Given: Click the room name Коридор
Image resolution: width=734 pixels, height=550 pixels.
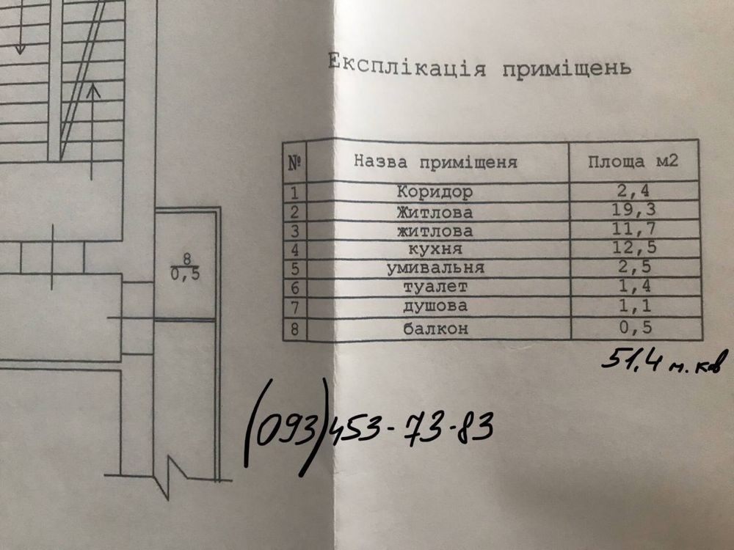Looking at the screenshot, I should [435, 192].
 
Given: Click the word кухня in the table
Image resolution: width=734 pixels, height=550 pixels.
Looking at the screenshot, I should [435, 249].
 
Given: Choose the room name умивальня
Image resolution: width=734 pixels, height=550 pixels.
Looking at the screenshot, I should [435, 268].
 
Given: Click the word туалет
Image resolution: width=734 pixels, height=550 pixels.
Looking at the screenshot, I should [435, 287].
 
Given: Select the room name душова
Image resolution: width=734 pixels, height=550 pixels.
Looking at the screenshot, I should [435, 305].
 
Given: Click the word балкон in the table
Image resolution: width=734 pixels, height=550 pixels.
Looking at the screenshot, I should [435, 329].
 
